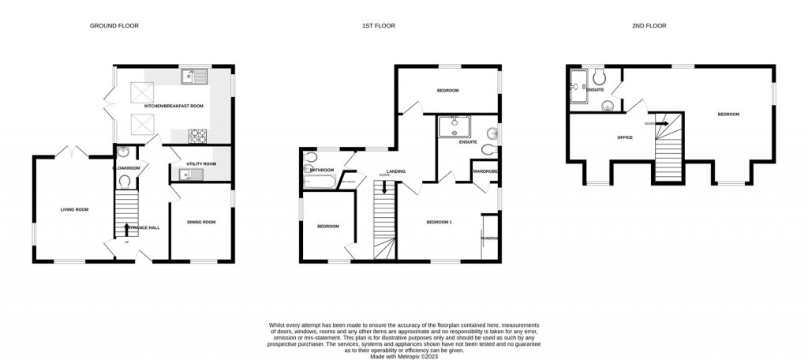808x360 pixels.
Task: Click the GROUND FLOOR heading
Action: (114, 26)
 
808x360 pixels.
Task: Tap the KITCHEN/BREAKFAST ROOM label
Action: (173, 105)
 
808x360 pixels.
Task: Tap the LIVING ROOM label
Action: (74, 209)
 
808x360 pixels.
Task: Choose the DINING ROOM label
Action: (200, 222)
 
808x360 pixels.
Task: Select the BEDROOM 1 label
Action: (440, 222)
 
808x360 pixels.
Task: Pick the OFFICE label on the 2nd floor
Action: (625, 137)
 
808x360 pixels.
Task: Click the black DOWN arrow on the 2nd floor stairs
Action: (664, 122)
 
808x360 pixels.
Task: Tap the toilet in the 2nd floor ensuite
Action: (600, 76)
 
